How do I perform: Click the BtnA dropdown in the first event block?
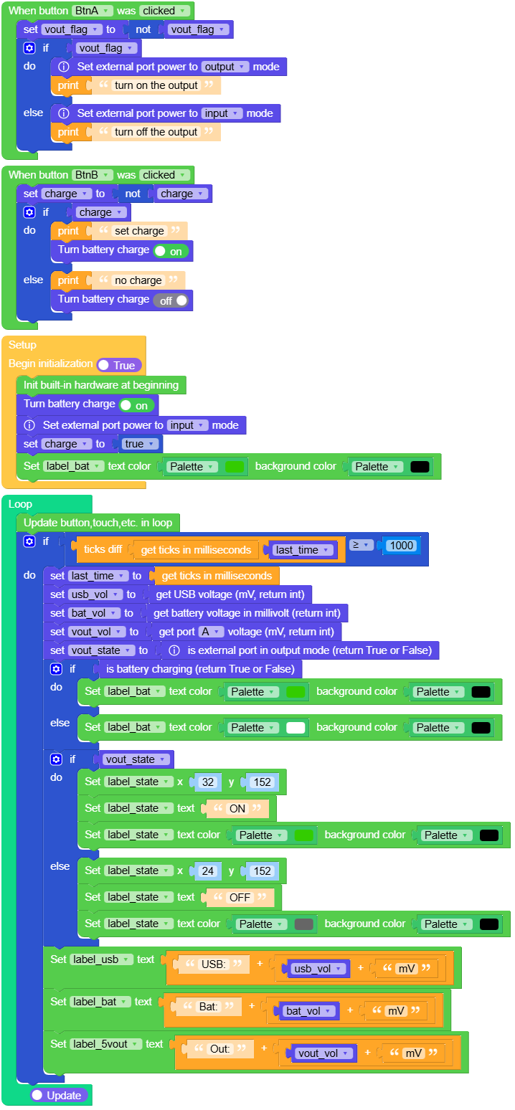pos(92,11)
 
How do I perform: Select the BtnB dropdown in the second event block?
pos(92,175)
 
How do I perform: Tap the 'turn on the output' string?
pos(156,85)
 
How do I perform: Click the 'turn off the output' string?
pos(156,132)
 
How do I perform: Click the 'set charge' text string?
pos(139,231)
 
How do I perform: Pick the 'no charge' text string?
pos(138,280)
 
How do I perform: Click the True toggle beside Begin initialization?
pos(118,365)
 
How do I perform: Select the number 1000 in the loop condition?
pos(401,545)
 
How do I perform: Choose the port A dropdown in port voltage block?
pos(211,632)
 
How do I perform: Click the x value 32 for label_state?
pos(207,782)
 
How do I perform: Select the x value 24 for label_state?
pos(207,871)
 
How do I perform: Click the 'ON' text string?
pos(237,808)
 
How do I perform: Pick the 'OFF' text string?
pos(240,897)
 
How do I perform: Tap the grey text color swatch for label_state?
pos(303,924)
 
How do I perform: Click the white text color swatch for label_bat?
pos(296,728)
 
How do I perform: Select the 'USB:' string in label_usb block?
pos(214,964)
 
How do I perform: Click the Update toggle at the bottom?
pos(60,1096)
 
